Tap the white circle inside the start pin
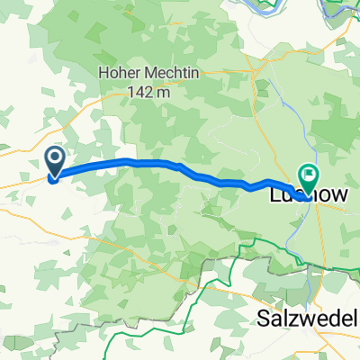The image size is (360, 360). click(55, 160)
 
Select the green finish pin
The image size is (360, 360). click(308, 176)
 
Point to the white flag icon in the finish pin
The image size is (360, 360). click(308, 173)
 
